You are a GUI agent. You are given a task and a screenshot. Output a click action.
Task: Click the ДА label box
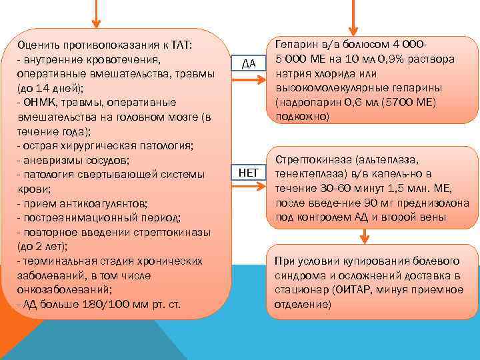[248, 63]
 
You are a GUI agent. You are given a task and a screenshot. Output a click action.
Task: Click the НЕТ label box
[248, 173]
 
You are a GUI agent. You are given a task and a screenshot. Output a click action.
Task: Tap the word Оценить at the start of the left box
[39, 45]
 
